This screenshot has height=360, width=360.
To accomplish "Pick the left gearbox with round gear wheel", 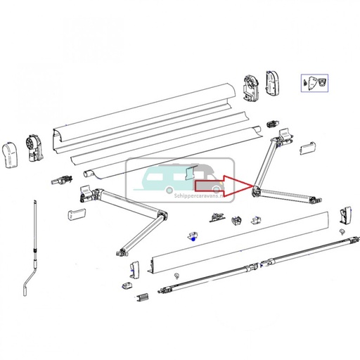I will (32, 147).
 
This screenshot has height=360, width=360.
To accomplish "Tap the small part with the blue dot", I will (190, 237).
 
